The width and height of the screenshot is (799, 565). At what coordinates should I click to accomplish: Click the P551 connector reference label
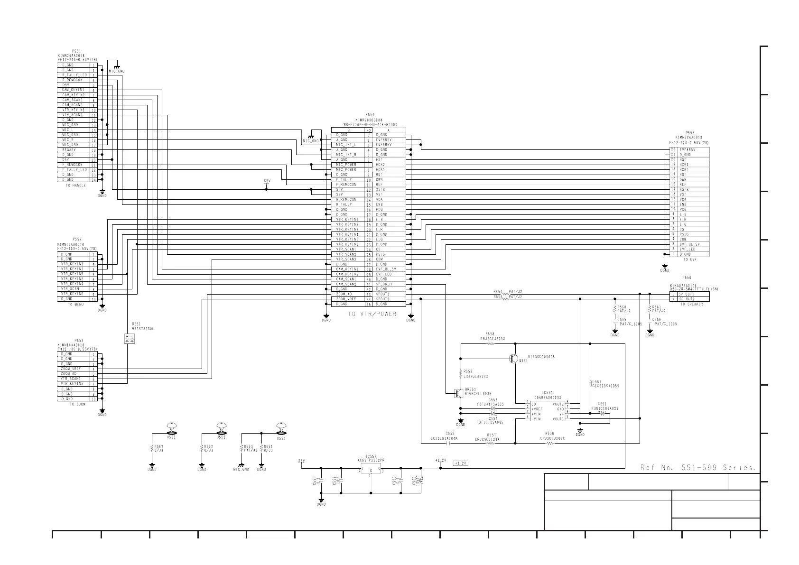click(x=76, y=50)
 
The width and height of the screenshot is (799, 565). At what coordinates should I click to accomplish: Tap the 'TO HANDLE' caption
click(x=76, y=185)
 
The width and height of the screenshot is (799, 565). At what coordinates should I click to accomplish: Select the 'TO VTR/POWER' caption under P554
click(x=372, y=314)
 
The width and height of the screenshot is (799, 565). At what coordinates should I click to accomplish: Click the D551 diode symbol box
click(x=129, y=339)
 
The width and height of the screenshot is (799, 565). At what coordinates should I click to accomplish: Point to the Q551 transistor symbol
click(x=514, y=359)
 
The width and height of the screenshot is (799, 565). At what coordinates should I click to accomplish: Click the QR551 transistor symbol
click(x=459, y=393)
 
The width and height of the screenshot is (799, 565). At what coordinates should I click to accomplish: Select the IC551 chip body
click(x=547, y=411)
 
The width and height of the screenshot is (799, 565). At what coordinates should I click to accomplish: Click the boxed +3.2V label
click(x=460, y=463)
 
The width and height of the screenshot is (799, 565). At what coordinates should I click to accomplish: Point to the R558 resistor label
click(x=490, y=334)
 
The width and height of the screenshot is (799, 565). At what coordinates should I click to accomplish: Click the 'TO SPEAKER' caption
click(x=691, y=304)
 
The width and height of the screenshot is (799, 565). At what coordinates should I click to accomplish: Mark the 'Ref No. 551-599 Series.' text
click(x=698, y=468)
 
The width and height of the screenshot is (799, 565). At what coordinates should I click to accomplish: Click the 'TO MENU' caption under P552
click(x=76, y=305)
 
